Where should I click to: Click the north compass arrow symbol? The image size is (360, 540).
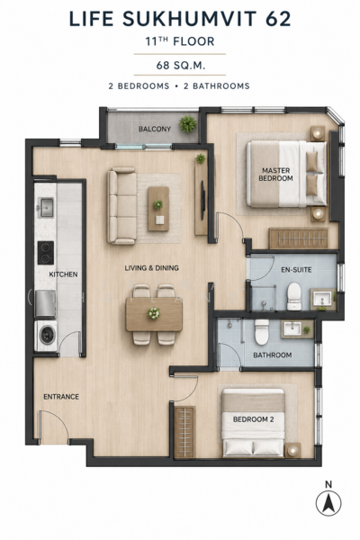(x=328, y=503)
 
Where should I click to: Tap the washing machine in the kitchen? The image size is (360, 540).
(x=46, y=336)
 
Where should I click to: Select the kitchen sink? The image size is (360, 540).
(x=46, y=208)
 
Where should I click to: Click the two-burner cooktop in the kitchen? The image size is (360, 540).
(x=46, y=252)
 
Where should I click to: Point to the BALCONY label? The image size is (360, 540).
(x=154, y=129)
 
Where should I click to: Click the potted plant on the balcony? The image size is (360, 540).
(x=188, y=124)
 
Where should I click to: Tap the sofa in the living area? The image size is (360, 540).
(x=121, y=205)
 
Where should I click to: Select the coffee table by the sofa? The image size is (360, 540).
(x=158, y=209)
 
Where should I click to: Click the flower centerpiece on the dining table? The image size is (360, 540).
(x=154, y=313)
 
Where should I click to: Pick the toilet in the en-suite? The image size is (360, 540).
(x=294, y=296)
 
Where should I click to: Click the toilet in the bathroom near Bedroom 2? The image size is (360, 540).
(x=262, y=331)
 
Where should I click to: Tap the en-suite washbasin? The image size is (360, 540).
(x=322, y=299)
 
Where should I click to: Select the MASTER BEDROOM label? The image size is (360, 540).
(x=275, y=175)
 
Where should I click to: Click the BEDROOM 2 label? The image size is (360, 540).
(x=253, y=419)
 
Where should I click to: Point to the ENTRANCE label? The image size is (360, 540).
(x=61, y=397)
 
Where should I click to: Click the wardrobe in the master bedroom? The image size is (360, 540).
(x=298, y=238)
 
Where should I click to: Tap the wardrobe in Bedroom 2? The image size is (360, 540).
(x=184, y=432)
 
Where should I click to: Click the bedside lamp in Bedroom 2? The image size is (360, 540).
(x=292, y=450)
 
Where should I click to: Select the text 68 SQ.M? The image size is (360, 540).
(x=181, y=65)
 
